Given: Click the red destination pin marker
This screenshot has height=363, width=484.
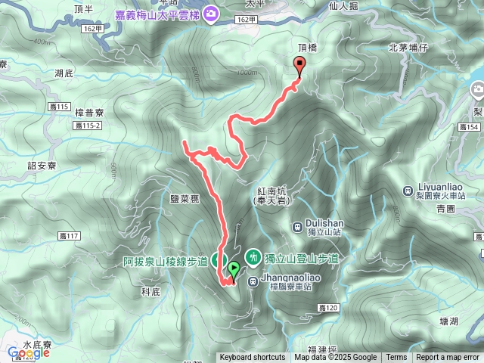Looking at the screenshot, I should tap(300, 66).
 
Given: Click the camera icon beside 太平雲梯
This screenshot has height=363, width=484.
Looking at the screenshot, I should tap(210, 13).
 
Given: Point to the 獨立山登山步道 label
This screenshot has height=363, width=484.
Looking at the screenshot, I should tap(300, 258).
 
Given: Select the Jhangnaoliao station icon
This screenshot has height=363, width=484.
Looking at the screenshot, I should tap(253, 278).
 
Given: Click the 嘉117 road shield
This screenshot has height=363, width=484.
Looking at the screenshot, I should tap(68, 237).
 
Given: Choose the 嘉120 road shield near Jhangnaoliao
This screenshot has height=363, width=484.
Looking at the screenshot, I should tap(327, 308).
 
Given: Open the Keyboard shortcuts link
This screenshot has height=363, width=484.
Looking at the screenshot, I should tap(253, 358).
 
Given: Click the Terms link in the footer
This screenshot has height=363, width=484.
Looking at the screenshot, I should tap(396, 358).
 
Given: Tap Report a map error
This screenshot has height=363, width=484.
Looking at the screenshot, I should tap(448, 358).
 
